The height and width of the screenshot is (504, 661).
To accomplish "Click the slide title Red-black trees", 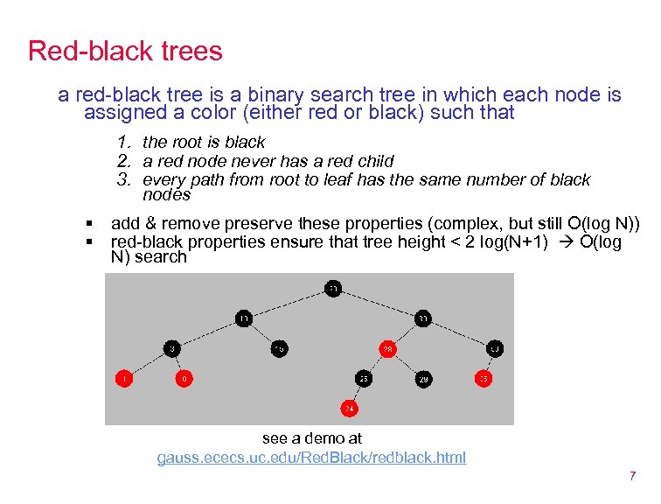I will pyautogui.click(x=125, y=51).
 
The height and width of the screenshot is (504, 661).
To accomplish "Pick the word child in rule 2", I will pyautogui.click(x=373, y=161).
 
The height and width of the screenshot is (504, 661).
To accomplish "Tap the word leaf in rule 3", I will pyautogui.click(x=331, y=180).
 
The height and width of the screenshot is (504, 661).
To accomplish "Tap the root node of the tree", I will pyautogui.click(x=334, y=288).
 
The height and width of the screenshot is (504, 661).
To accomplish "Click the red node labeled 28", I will pyautogui.click(x=387, y=349).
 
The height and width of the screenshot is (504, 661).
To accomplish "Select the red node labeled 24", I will pyautogui.click(x=349, y=408).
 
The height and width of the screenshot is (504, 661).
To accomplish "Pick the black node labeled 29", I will pyautogui.click(x=423, y=379).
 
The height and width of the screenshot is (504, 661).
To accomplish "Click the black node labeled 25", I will pyautogui.click(x=363, y=379).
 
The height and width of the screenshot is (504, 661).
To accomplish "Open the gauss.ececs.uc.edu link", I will pyautogui.click(x=311, y=458).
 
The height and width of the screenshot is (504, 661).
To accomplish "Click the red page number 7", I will pyautogui.click(x=631, y=477).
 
